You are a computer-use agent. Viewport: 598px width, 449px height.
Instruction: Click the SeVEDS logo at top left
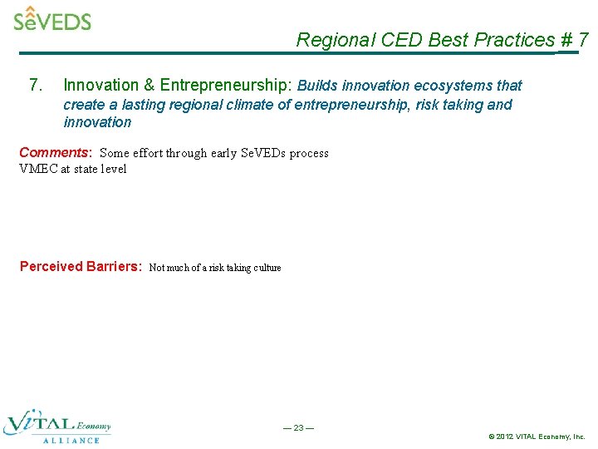(x=52, y=18)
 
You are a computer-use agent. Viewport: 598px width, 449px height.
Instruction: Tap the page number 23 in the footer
(x=298, y=428)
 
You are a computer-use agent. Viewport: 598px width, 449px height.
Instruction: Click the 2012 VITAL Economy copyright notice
(x=537, y=437)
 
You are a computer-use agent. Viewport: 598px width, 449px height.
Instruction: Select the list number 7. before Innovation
(x=35, y=85)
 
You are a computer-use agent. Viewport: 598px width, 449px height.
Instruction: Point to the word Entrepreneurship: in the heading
(x=227, y=85)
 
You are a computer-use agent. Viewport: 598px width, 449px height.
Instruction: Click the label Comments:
(x=56, y=153)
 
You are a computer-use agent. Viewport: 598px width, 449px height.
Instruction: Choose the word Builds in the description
(x=318, y=86)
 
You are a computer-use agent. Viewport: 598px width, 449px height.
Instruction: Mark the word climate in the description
(x=245, y=105)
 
